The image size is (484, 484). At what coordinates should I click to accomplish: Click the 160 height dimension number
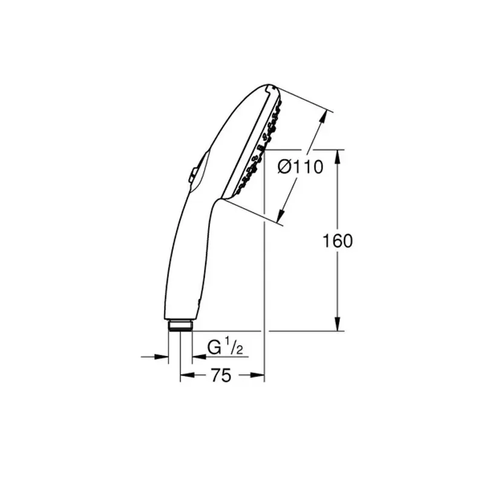[x=338, y=241]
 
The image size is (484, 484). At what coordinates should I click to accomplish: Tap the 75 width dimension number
[x=221, y=376]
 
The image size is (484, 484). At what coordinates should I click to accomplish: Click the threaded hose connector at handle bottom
[x=180, y=325]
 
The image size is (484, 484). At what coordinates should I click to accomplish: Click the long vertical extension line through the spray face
[x=265, y=272]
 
